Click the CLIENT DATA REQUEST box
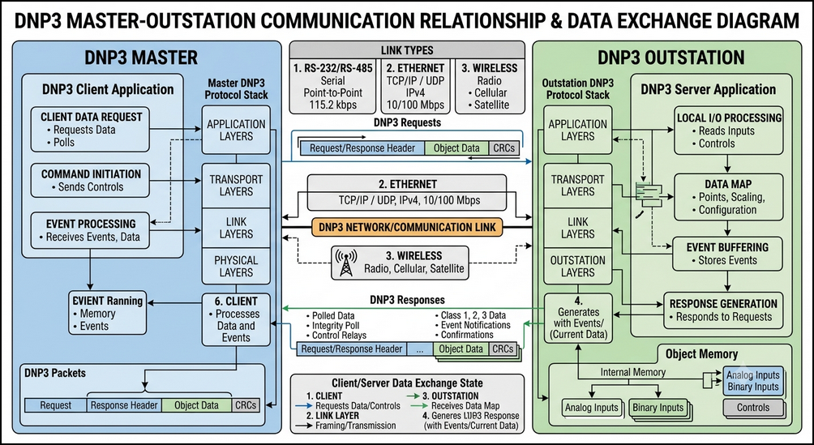click(x=90, y=130)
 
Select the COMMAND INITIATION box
click(x=90, y=180)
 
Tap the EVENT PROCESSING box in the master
click(x=90, y=230)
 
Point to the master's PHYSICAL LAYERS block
click(x=236, y=267)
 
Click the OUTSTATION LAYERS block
click(x=578, y=267)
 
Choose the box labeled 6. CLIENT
click(x=236, y=319)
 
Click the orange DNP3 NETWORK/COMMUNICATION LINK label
click(x=407, y=227)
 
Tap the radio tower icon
click(x=345, y=263)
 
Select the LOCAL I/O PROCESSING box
click(x=728, y=131)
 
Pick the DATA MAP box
click(x=728, y=197)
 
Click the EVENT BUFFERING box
click(x=727, y=254)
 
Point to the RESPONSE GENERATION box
click(x=723, y=310)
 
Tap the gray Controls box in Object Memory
click(x=752, y=408)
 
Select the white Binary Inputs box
click(x=658, y=408)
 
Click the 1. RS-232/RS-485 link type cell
click(x=332, y=86)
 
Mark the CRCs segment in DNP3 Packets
click(x=246, y=405)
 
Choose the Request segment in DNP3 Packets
click(x=56, y=405)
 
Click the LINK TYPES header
click(x=407, y=50)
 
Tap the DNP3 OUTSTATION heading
click(x=670, y=57)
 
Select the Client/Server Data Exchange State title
click(x=407, y=383)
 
